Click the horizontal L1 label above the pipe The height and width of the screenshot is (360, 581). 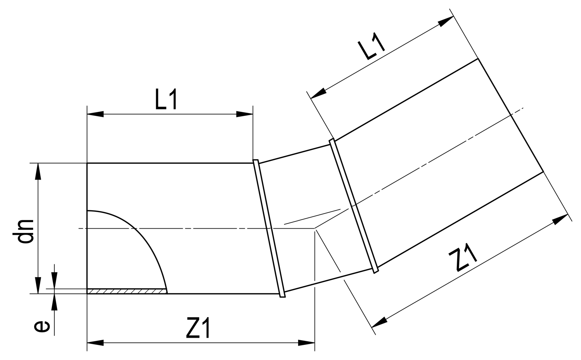pos(166,101)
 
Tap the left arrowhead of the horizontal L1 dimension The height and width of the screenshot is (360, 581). pos(95,114)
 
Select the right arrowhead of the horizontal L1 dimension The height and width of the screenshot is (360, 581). pos(245,114)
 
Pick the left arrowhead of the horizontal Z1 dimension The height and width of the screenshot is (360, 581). pos(95,343)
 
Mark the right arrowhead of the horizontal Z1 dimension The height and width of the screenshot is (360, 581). pos(307,343)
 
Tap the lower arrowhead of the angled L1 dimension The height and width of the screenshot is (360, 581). pos(317,94)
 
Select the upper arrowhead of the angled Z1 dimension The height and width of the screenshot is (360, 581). pos(560,219)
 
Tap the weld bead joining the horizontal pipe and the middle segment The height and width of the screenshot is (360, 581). pos(269,228)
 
